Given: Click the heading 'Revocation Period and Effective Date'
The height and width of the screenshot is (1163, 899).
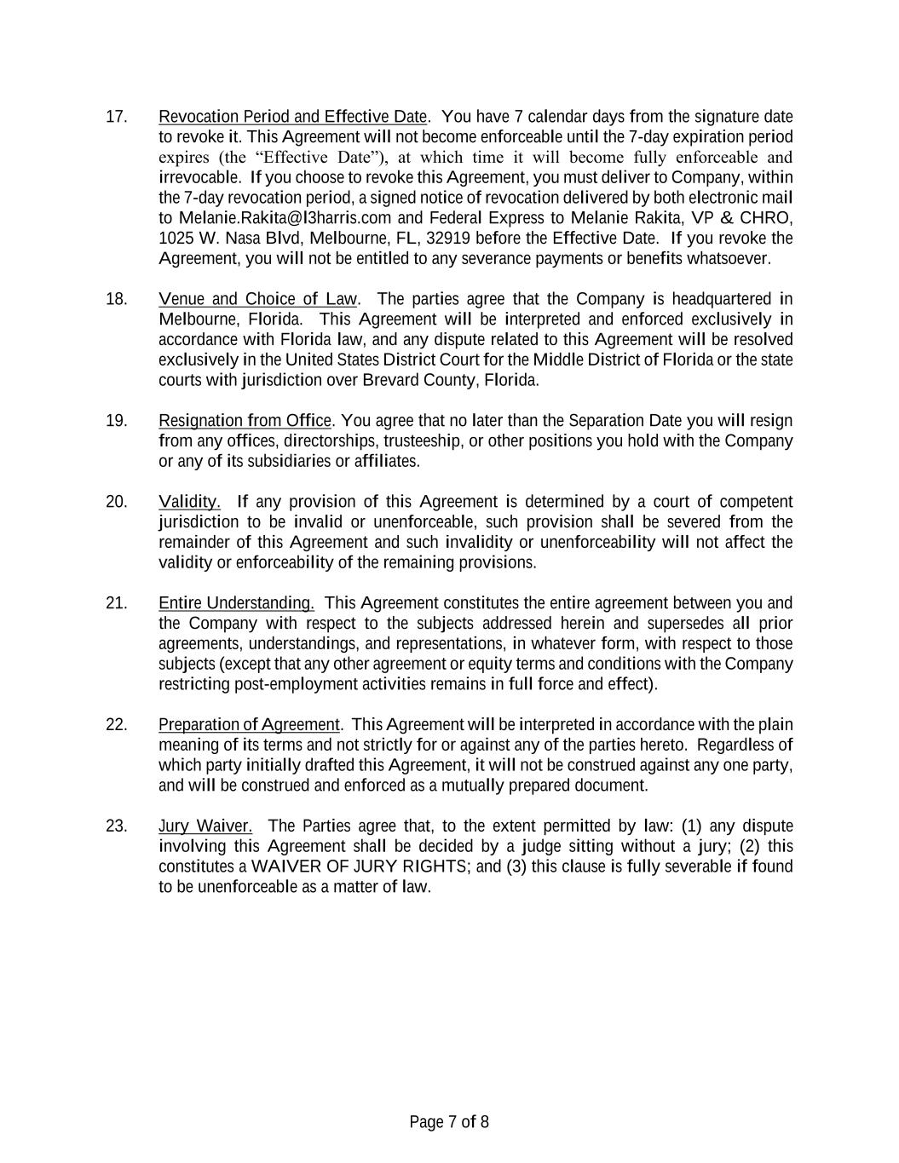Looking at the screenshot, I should point(292,117).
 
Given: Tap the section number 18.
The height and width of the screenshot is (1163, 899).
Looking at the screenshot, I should point(116,299).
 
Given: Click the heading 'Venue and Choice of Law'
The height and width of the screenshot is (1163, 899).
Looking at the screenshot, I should point(258,299).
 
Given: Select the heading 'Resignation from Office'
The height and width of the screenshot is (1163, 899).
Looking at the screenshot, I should point(245,421).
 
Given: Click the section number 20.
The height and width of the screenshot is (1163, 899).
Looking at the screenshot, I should point(116,502).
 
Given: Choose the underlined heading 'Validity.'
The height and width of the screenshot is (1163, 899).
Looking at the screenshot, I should point(189,502).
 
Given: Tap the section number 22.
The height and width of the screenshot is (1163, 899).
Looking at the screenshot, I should point(116,725).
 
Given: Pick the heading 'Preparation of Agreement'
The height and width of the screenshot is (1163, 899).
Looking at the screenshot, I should point(249,725).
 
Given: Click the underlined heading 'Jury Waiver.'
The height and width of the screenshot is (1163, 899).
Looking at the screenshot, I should point(205,826).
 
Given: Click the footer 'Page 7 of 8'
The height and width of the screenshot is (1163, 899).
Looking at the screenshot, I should point(449,1122).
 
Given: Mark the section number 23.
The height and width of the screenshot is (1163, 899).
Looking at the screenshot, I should point(116,826).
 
